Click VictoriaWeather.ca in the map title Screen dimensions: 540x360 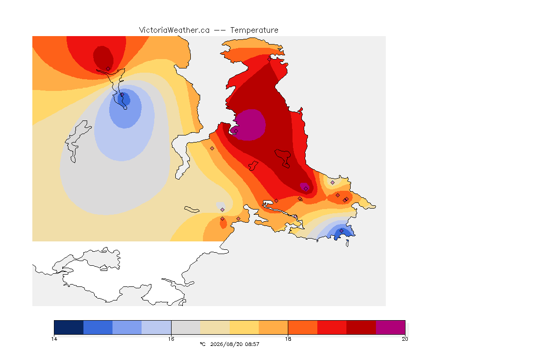pyautogui.click(x=174, y=30)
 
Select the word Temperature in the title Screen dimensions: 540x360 pyautogui.click(x=254, y=30)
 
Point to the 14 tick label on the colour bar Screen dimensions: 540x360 pyautogui.click(x=54, y=339)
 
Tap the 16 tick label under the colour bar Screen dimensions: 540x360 pyautogui.click(x=171, y=339)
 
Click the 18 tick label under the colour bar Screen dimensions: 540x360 pyautogui.click(x=288, y=339)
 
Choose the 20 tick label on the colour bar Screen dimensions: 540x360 pyautogui.click(x=405, y=339)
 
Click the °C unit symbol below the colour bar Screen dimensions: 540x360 pyautogui.click(x=203, y=344)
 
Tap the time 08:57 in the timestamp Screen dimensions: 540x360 pyautogui.click(x=252, y=344)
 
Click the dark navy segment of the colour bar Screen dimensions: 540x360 pyautogui.click(x=69, y=327)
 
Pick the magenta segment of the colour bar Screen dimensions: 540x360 pyautogui.click(x=390, y=327)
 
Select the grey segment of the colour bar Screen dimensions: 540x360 pyautogui.click(x=186, y=327)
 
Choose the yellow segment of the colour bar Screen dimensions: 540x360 pyautogui.click(x=244, y=327)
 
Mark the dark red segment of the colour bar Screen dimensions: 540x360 pyautogui.click(x=361, y=327)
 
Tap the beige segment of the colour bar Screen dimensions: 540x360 pyautogui.click(x=215, y=327)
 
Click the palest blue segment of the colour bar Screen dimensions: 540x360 pyautogui.click(x=157, y=327)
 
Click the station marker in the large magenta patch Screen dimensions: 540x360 pyautogui.click(x=236, y=131)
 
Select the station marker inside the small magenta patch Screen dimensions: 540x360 pyautogui.click(x=306, y=189)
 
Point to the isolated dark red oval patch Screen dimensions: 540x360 pyautogui.click(x=103, y=57)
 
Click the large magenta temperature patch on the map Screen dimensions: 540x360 pyautogui.click(x=250, y=125)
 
